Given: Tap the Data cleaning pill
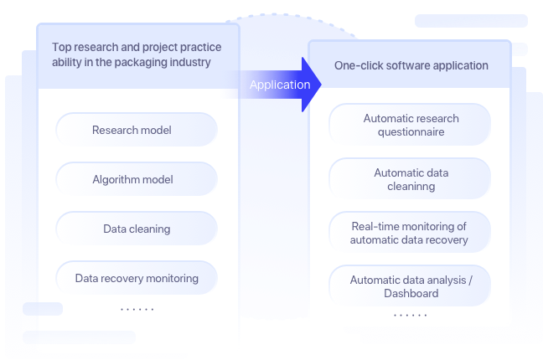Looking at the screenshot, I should pos(137,229).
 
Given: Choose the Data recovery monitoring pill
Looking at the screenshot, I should pos(137,278).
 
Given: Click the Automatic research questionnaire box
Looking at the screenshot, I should pos(410,125).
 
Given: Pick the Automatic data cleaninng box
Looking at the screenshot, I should pos(410,179).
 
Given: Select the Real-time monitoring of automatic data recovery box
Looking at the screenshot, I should pos(410,233).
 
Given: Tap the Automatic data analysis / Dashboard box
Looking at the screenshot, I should pos(410,286).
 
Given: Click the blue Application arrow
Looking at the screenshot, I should pos(282,85).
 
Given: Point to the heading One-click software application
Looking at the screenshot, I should pos(410,65).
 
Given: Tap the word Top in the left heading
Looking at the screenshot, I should pos(62,48).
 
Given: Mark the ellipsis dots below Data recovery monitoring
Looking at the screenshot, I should pos(137,310).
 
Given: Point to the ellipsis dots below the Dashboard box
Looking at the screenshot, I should pos(410,316).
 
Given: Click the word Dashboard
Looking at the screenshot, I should pos(411,294).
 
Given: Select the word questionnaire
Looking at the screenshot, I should pos(411,132).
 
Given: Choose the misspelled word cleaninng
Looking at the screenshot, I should pos(411,187).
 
